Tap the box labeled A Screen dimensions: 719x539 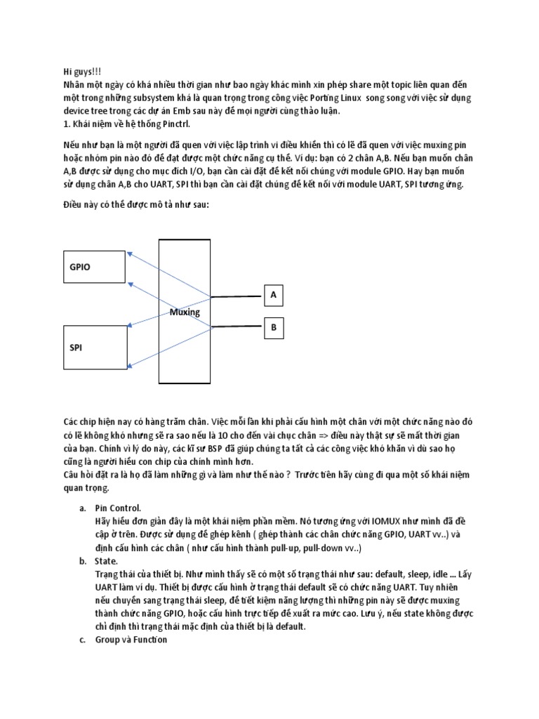pyautogui.click(x=273, y=296)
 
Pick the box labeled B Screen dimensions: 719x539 pyautogui.click(x=273, y=326)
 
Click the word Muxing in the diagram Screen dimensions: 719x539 pyautogui.click(x=185, y=312)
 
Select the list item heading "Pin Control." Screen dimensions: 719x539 pyautogui.click(x=118, y=508)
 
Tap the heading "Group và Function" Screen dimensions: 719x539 pyautogui.click(x=131, y=640)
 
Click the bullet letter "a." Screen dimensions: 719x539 pyautogui.click(x=82, y=508)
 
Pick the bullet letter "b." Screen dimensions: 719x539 pyautogui.click(x=82, y=561)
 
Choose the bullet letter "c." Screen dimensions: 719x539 pyautogui.click(x=82, y=640)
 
